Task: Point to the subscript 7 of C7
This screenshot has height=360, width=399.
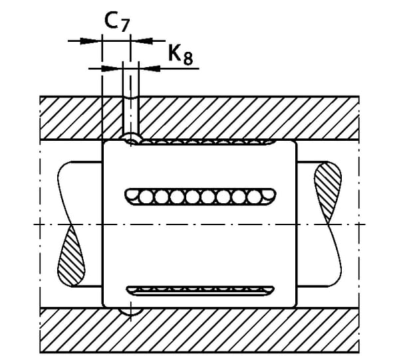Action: click(x=124, y=27)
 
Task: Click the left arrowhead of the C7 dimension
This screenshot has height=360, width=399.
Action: click(x=94, y=41)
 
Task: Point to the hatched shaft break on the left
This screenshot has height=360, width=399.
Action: click(x=72, y=256)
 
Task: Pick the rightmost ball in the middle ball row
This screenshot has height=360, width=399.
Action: click(x=254, y=197)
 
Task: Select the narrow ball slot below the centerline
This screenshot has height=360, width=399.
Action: click(x=199, y=290)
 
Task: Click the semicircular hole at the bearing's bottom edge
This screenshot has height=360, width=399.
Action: click(x=130, y=310)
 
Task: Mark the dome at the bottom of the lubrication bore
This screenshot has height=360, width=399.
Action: click(x=131, y=137)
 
